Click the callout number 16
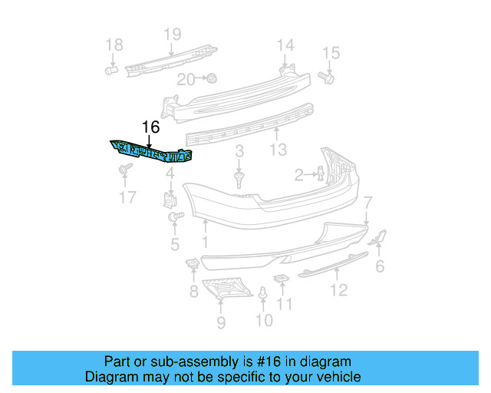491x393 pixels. pos(150,128)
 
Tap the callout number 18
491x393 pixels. pos(113,45)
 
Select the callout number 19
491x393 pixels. pos(172,34)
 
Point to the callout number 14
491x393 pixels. pos(285,44)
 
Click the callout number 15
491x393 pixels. pos(331,53)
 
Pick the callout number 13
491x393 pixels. pos(278,148)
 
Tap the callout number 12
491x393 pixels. pos(338,289)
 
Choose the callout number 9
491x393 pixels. pos(221,322)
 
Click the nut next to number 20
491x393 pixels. pos(212,78)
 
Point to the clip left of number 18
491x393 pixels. pos(110,70)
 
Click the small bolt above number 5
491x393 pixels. pos(173,219)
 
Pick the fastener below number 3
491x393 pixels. pos(239,180)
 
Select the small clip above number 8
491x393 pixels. pos(193,264)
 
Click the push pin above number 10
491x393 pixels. pos(263,293)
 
